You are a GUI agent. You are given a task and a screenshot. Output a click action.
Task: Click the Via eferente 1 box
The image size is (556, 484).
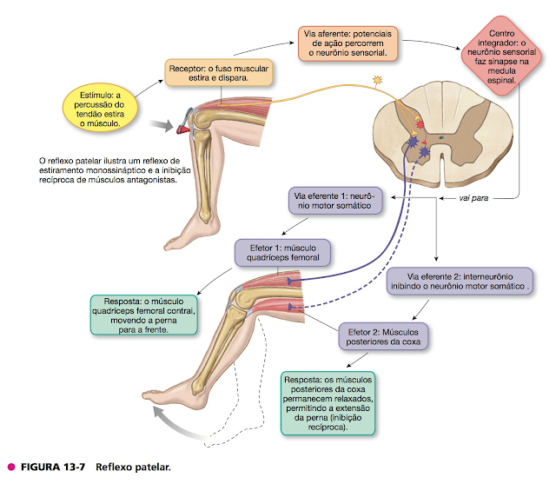(x=335, y=202)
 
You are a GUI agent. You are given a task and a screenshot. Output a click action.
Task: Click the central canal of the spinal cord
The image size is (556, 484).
(x=443, y=136)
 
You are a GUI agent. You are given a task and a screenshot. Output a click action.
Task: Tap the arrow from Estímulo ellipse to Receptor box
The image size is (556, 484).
(x=150, y=83)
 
